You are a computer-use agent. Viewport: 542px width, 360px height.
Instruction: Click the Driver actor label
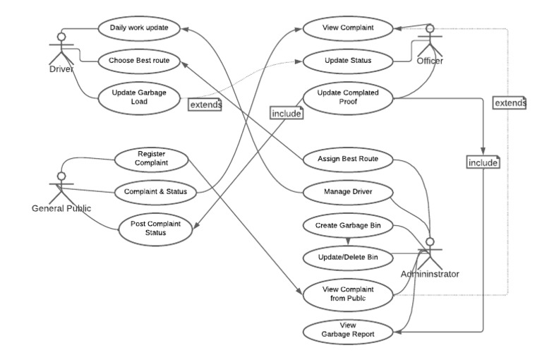(63, 68)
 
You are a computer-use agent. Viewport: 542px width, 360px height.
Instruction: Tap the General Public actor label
(62, 208)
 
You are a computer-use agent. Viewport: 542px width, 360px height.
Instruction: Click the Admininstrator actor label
(429, 273)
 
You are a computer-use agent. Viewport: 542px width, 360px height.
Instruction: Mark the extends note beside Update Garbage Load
(205, 104)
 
